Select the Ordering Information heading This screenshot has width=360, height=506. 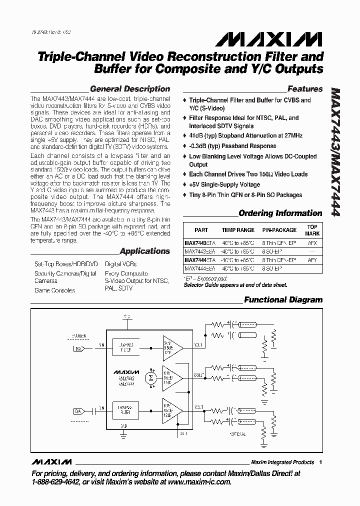(280, 213)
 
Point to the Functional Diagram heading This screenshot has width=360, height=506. (283, 300)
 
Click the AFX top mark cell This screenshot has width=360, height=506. (312, 241)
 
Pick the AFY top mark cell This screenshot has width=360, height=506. (312, 260)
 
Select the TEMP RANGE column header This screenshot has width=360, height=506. (238, 230)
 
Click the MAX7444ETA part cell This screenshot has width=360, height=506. (199, 260)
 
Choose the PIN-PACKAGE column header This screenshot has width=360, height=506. (279, 230)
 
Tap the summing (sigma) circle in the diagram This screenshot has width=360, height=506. (150, 377)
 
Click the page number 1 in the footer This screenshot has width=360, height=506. (320, 462)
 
